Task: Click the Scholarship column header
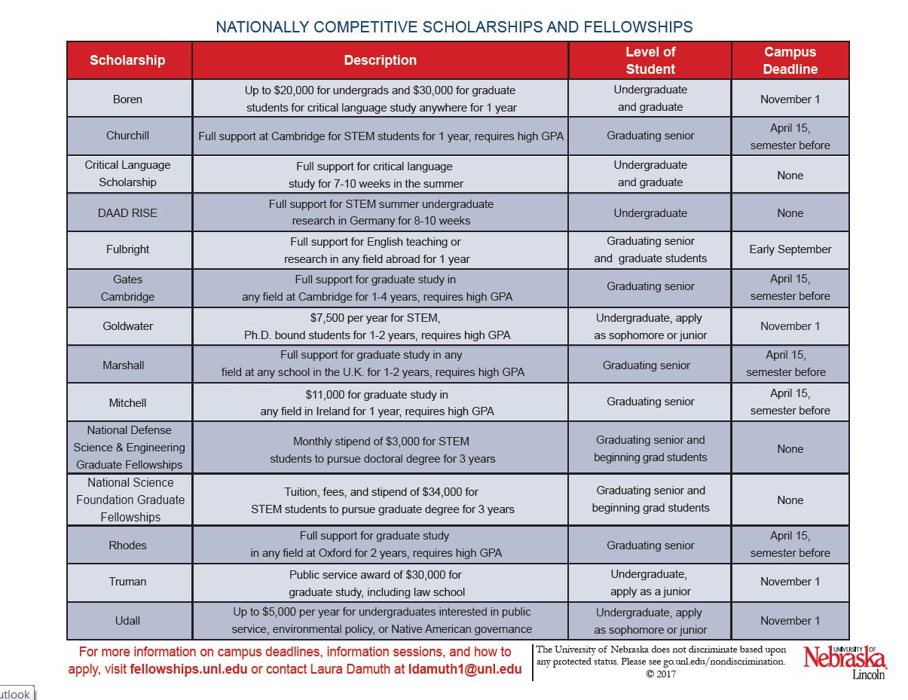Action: (x=127, y=60)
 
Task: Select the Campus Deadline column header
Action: (x=790, y=60)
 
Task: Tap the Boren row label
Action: (x=127, y=99)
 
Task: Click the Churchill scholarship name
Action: (x=127, y=136)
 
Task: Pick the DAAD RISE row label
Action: (x=127, y=213)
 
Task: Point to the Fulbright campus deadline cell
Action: (x=790, y=249)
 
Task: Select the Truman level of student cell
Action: (x=650, y=582)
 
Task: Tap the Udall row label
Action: (x=127, y=621)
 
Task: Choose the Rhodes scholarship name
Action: (x=127, y=545)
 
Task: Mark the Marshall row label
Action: (x=124, y=365)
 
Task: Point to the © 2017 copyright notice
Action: (x=661, y=674)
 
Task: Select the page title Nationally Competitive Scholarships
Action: (x=454, y=27)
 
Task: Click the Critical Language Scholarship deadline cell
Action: (x=790, y=175)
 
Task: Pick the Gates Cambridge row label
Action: (x=127, y=288)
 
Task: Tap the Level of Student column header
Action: (x=650, y=60)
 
